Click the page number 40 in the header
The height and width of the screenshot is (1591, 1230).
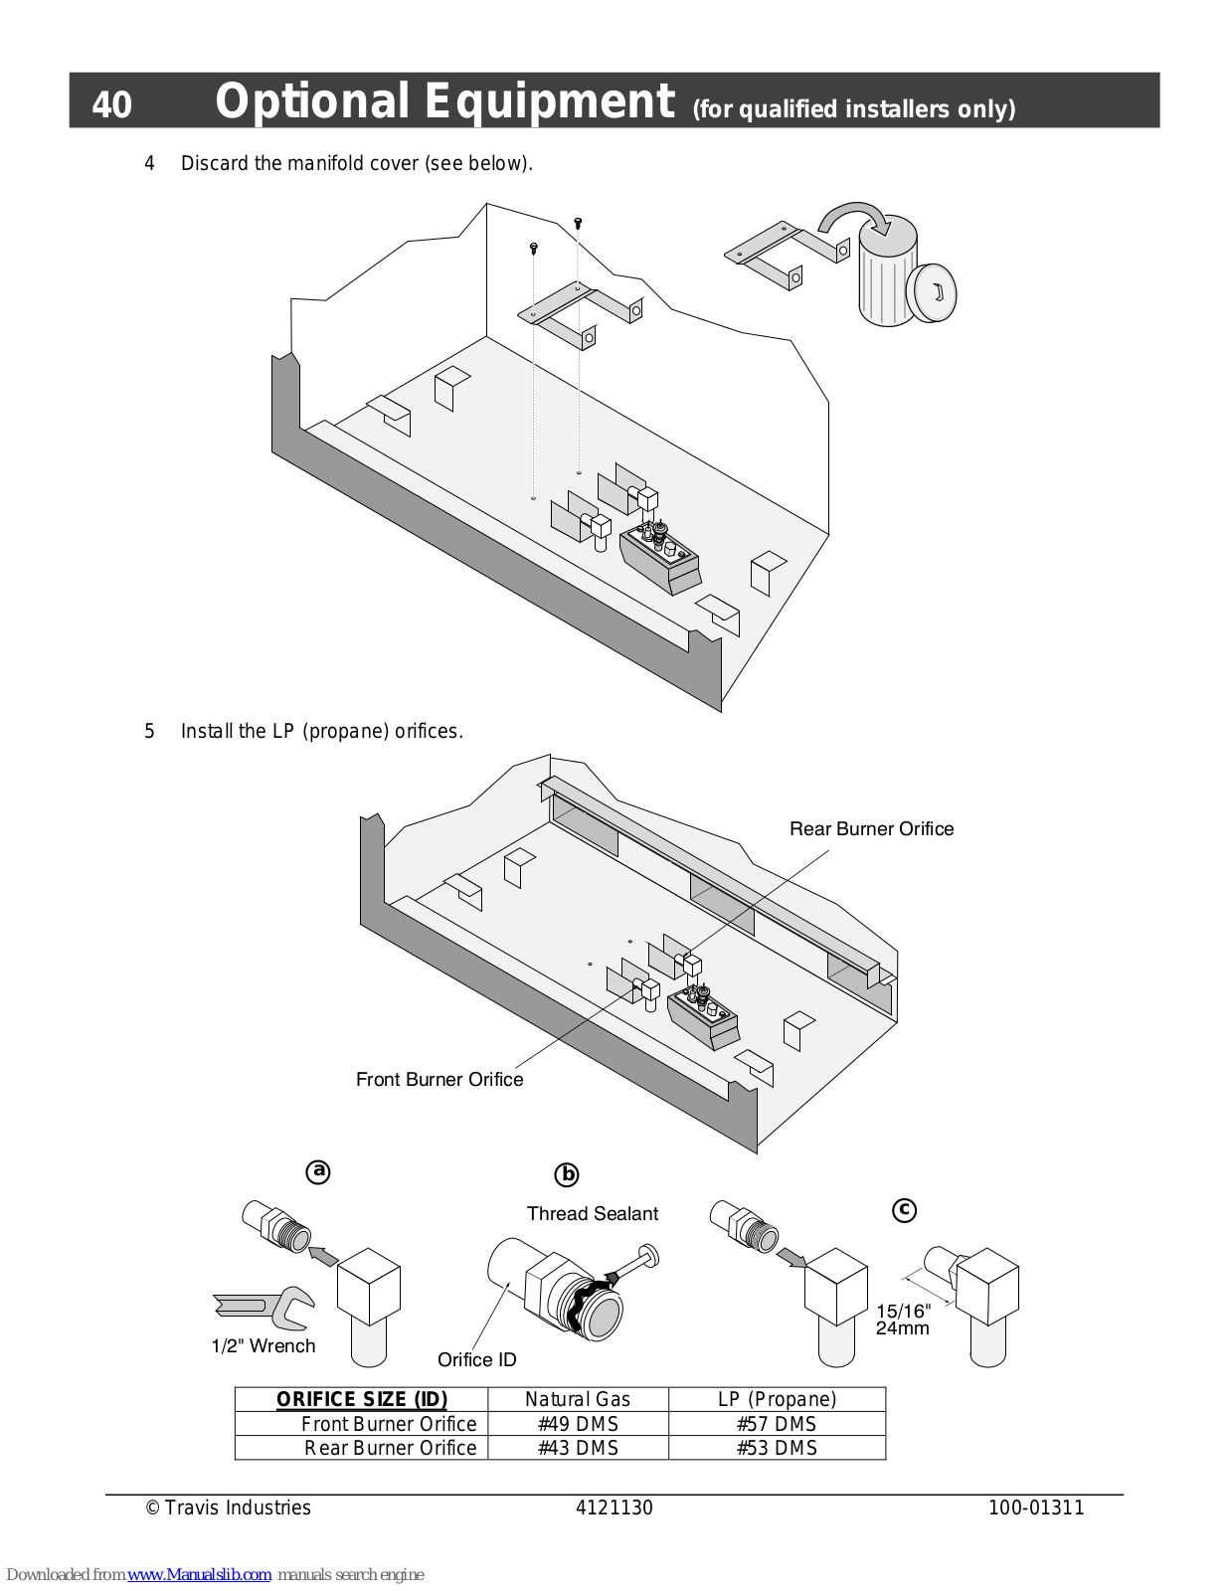click(x=112, y=104)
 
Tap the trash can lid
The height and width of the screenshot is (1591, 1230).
click(x=932, y=293)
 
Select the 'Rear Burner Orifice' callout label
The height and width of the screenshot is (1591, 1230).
click(x=871, y=829)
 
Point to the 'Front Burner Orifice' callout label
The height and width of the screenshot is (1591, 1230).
click(x=439, y=1079)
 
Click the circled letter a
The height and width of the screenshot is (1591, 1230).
click(x=318, y=1171)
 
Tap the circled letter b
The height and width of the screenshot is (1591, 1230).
click(x=567, y=1174)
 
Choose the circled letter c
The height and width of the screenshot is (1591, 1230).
click(x=904, y=1209)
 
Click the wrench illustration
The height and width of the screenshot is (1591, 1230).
click(x=264, y=1308)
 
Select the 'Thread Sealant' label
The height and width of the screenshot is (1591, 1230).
click(x=593, y=1213)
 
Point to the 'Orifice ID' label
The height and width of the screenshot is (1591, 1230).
click(x=476, y=1359)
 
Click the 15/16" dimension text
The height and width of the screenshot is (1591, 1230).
click(x=904, y=1311)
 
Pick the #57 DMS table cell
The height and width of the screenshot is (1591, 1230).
click(x=776, y=1424)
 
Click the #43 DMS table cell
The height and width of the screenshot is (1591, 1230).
click(x=578, y=1448)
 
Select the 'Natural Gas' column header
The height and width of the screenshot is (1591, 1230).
click(x=578, y=1399)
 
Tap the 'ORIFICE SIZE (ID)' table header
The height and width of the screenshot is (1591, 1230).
click(x=362, y=1399)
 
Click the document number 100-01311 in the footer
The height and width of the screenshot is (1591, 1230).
click(x=1036, y=1507)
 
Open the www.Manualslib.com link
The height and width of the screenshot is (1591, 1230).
click(x=200, y=1575)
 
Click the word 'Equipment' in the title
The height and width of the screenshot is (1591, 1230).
click(x=549, y=101)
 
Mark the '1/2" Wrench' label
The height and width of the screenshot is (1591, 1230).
click(x=263, y=1345)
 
